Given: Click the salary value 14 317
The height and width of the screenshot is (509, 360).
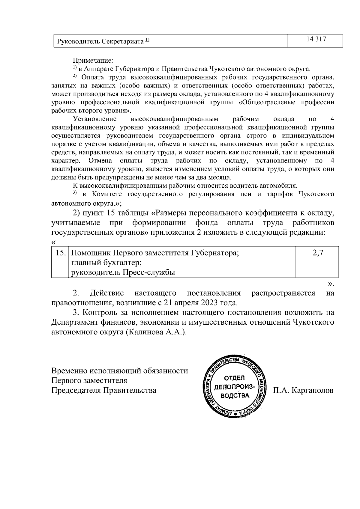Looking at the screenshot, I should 316,40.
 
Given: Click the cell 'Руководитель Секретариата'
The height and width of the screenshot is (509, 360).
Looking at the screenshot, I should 100,41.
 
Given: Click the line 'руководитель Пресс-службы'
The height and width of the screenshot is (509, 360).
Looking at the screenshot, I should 123,272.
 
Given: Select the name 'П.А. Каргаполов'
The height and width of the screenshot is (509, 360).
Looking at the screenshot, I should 303,391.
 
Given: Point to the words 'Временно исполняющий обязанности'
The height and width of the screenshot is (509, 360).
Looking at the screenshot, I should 120,371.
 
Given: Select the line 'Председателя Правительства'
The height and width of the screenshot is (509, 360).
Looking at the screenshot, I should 104,391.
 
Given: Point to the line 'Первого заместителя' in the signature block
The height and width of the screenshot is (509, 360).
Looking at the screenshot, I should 89,381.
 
